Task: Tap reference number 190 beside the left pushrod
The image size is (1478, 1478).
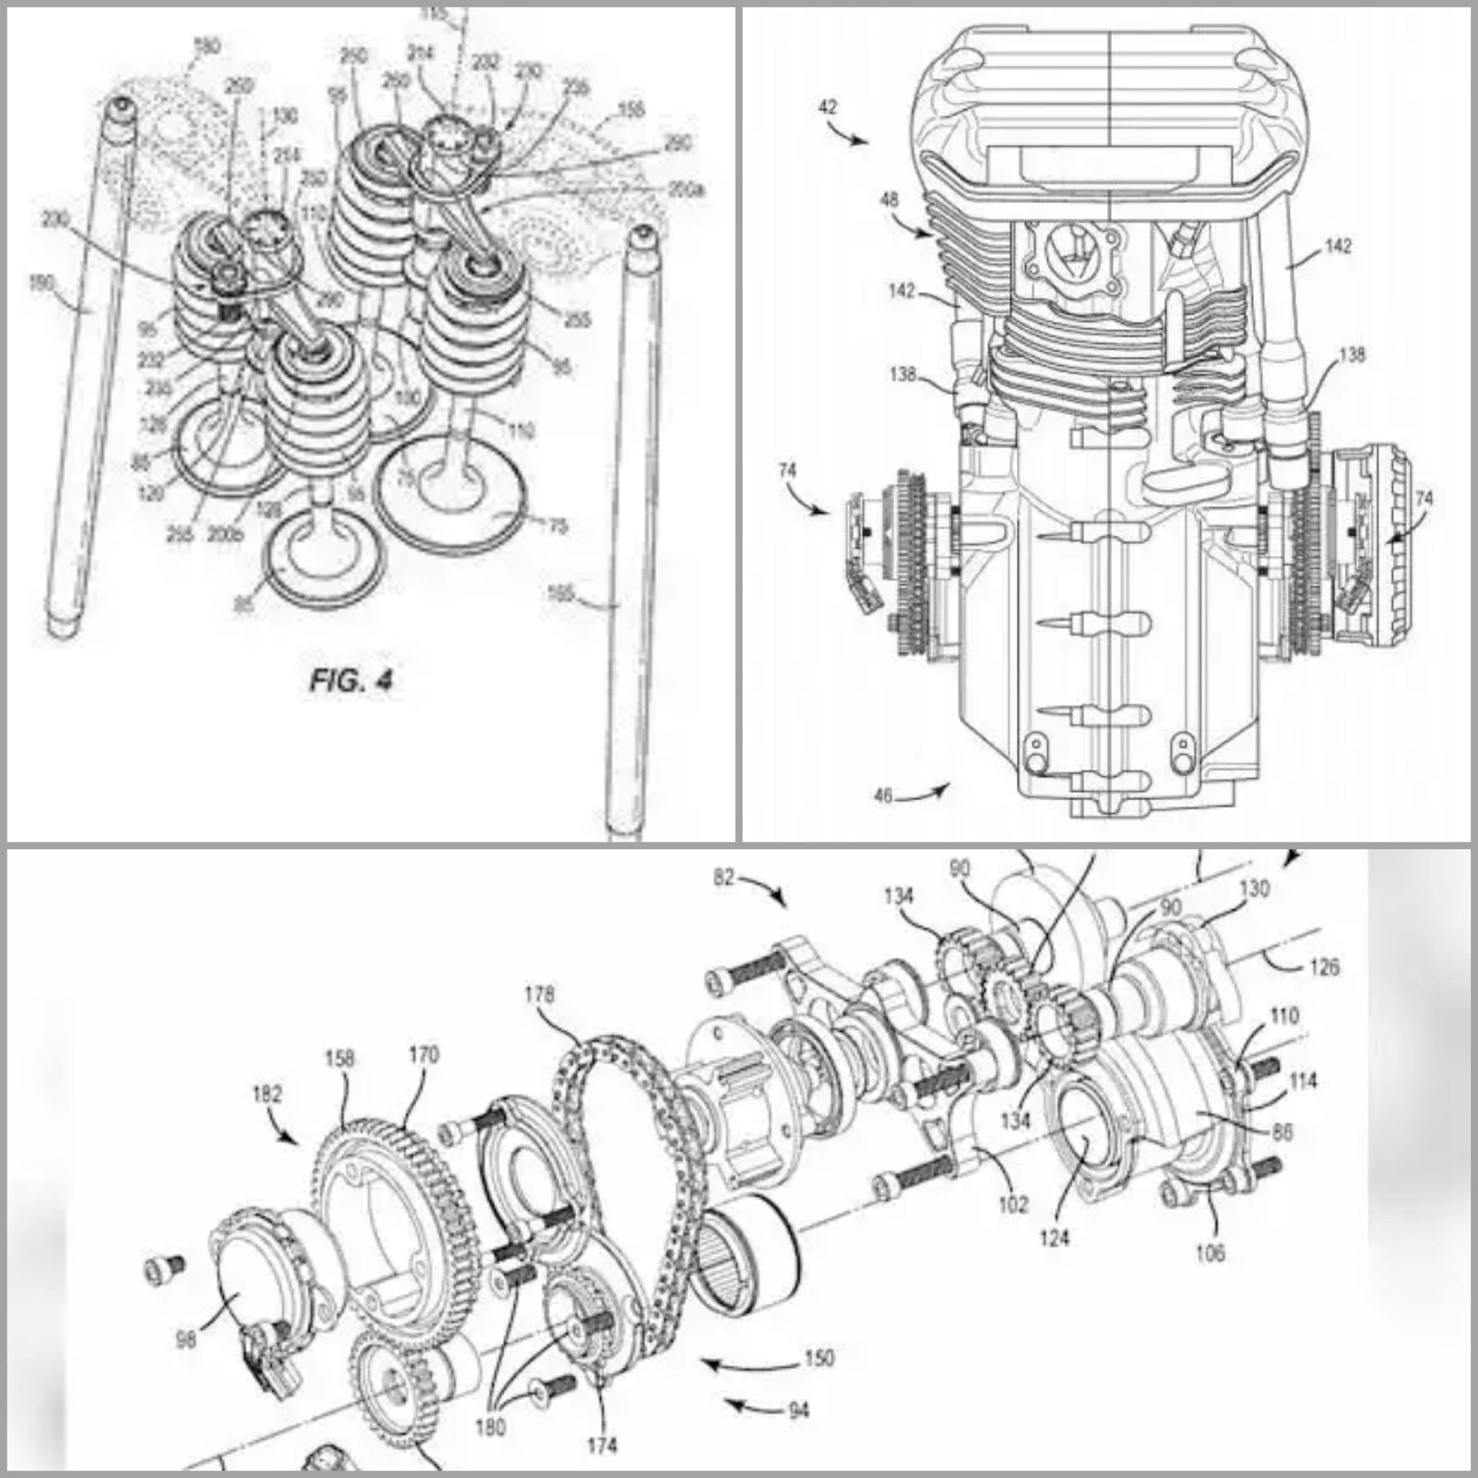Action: tap(42, 284)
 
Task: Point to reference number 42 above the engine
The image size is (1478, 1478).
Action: tap(826, 107)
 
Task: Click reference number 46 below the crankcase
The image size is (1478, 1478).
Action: tap(884, 797)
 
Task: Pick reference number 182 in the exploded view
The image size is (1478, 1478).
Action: tap(266, 1094)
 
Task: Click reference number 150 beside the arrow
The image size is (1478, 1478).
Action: tap(820, 1358)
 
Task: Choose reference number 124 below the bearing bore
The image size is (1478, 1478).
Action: tap(1055, 1238)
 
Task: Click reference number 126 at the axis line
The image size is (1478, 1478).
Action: tap(1324, 967)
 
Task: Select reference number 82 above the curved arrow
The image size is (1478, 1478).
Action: tap(723, 878)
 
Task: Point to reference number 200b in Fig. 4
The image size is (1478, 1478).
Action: tap(225, 534)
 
